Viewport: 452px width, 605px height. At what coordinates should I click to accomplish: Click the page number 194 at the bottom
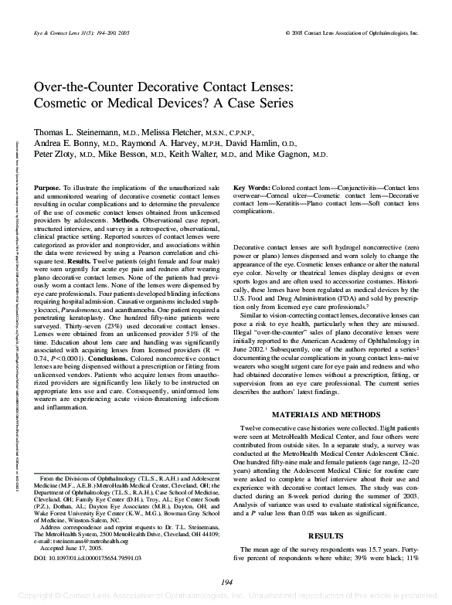click(226, 582)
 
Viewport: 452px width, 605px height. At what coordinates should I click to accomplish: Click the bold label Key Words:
click(252, 189)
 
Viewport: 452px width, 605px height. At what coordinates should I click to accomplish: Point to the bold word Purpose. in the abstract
click(48, 189)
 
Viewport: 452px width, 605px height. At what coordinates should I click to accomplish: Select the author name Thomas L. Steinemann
click(76, 132)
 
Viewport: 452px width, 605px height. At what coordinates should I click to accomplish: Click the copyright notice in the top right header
click(352, 34)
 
